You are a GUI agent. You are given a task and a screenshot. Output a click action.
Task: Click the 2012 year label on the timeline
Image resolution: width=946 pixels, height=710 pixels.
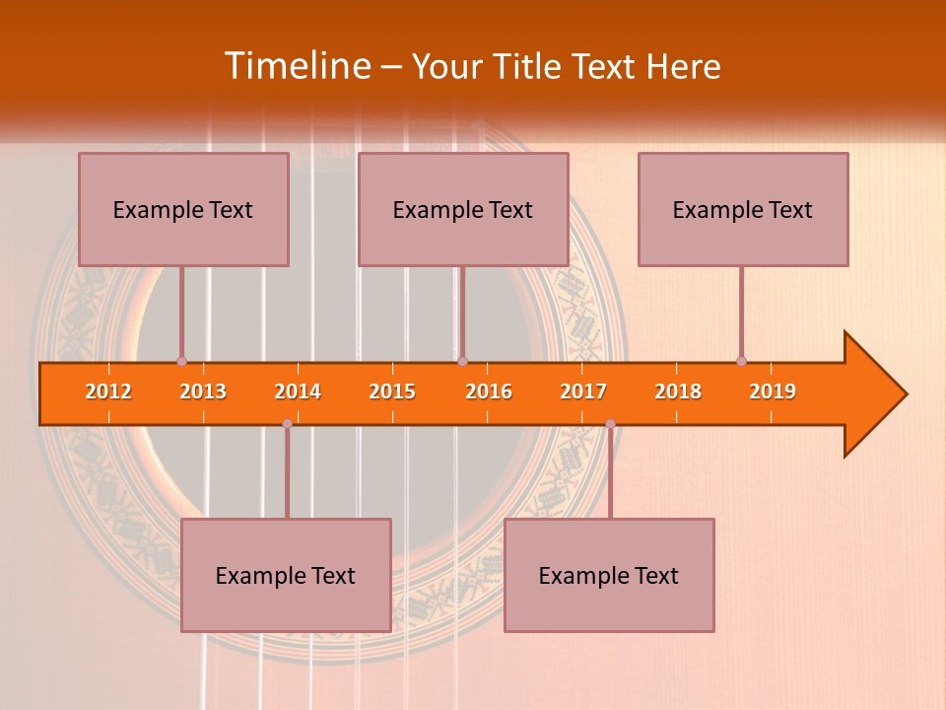pos(108,391)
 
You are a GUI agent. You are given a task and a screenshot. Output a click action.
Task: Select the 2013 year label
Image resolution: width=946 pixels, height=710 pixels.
pos(203,391)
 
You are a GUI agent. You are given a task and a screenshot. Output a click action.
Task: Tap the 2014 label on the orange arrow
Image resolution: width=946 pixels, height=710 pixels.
pos(298,391)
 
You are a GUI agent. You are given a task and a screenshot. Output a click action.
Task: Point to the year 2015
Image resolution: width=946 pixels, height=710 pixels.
pos(392,391)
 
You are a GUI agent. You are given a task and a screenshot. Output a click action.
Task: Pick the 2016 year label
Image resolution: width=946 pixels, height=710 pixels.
pos(489,391)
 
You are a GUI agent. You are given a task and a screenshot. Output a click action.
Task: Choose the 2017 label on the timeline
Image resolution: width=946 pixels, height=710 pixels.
pos(583,391)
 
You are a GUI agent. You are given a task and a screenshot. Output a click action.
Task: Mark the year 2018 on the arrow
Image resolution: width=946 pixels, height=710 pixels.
pos(678,391)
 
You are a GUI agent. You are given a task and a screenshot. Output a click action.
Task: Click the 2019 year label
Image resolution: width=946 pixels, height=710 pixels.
pos(773,391)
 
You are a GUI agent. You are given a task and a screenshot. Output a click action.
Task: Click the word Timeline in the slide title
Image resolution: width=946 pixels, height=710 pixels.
pos(296,66)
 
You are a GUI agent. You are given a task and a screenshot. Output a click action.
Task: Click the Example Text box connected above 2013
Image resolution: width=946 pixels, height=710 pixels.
pos(183,209)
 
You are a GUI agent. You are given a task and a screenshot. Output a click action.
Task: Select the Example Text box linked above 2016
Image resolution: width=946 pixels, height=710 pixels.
pos(463,209)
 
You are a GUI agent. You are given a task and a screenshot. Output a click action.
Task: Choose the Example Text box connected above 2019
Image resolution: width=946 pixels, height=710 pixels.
pos(743,209)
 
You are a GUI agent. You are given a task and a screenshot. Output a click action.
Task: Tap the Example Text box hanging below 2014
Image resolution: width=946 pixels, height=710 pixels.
pos(286,575)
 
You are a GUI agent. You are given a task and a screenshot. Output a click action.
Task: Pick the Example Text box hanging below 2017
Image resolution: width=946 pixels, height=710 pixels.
pos(609,575)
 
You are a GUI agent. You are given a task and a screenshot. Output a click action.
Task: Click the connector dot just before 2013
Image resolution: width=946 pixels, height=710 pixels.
pos(181,361)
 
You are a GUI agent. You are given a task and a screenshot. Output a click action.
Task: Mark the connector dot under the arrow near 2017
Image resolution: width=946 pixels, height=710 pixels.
pos(610,424)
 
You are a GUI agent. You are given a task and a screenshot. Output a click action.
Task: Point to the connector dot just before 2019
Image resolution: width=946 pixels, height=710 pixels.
pos(741,361)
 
